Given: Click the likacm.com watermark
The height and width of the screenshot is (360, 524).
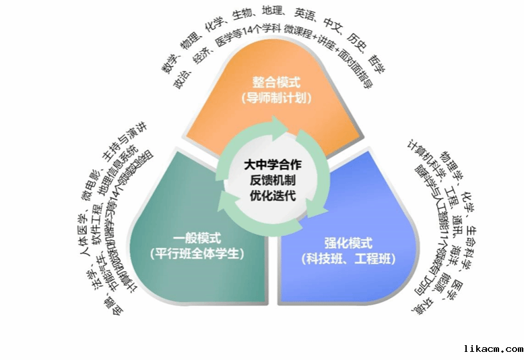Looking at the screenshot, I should coord(494,349).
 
